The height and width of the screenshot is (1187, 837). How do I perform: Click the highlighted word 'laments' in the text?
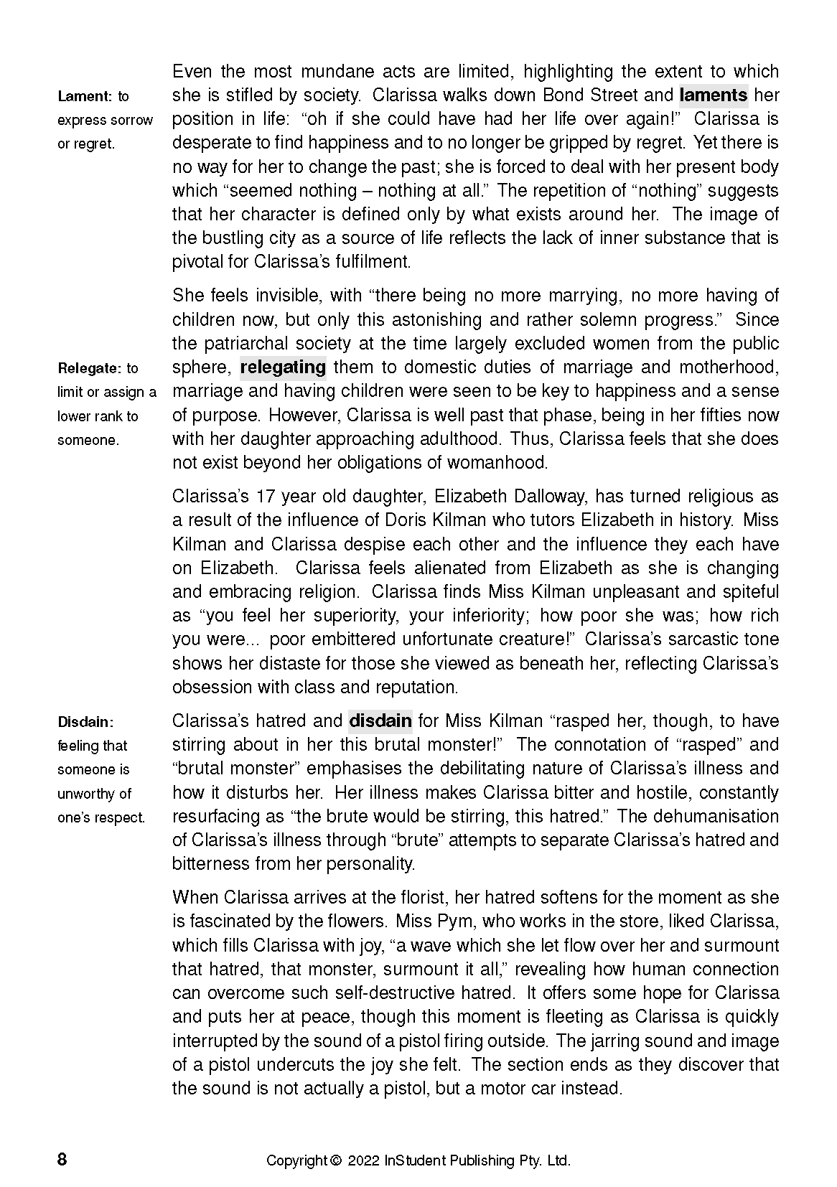pyautogui.click(x=713, y=95)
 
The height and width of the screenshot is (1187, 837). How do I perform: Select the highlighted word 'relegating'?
pyautogui.click(x=282, y=367)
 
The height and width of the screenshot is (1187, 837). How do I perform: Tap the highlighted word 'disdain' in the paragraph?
pyautogui.click(x=380, y=721)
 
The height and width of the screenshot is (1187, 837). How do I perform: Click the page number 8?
pyautogui.click(x=62, y=1160)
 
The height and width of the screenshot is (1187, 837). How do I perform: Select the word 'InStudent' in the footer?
pyautogui.click(x=413, y=1160)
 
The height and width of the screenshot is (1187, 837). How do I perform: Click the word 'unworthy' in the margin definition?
pyautogui.click(x=95, y=793)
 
